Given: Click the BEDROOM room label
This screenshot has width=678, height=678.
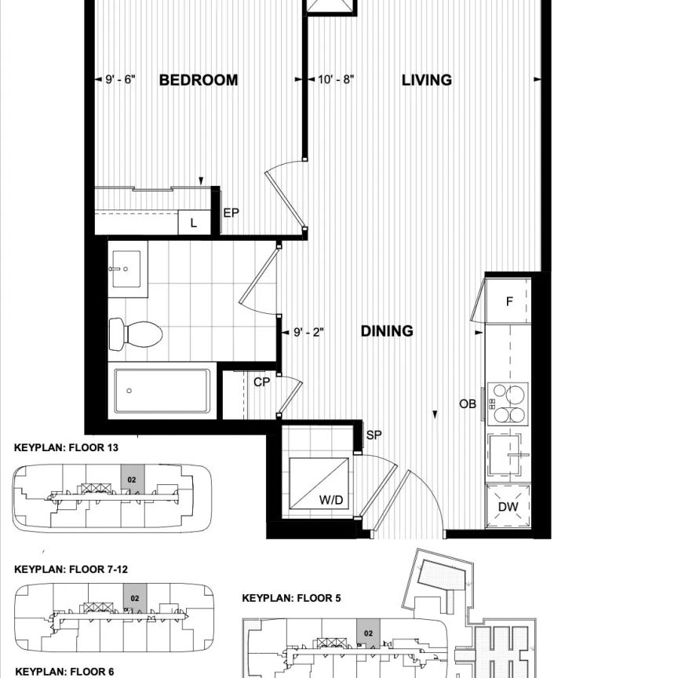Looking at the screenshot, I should tap(198, 80).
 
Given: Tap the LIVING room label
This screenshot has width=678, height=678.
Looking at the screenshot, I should tap(426, 80).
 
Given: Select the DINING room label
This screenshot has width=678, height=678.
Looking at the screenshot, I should tap(386, 331).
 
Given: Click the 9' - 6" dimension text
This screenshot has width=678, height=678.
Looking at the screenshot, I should tap(121, 80).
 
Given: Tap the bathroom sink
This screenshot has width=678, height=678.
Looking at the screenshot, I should tap(126, 269).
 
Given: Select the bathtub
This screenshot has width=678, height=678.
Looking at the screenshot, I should tap(162, 390).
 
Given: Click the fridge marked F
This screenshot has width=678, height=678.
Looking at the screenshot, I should tap(508, 301).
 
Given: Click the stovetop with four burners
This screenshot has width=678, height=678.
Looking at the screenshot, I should tap(508, 403).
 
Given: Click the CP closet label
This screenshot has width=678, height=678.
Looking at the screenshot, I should tap(261, 382).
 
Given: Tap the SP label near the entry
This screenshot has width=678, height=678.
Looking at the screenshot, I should tap(374, 434).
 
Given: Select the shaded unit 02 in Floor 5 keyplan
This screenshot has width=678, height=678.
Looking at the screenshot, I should tap(365, 630).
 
